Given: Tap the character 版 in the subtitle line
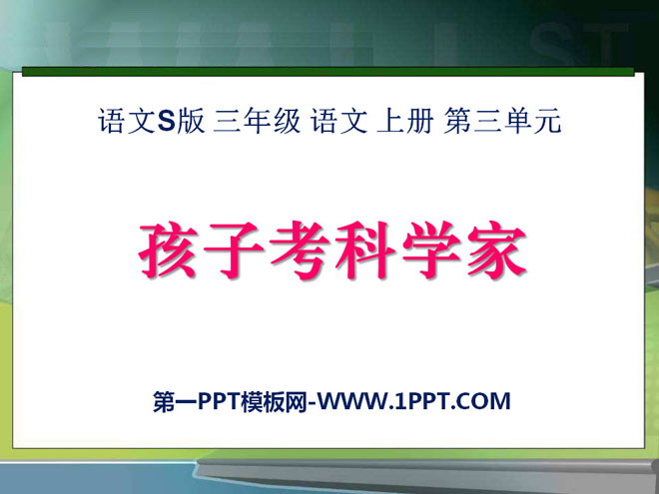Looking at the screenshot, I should click(x=190, y=123).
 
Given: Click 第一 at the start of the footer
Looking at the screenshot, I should click(x=173, y=402).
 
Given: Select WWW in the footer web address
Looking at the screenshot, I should click(x=351, y=402).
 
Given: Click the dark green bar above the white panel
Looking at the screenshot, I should click(x=329, y=72).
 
